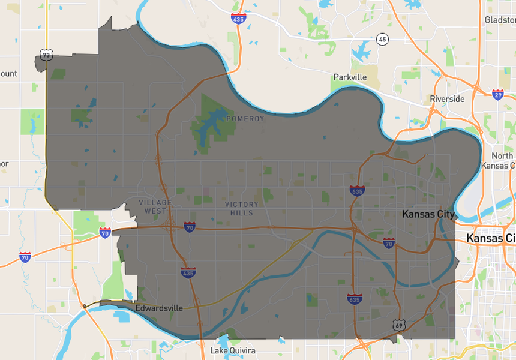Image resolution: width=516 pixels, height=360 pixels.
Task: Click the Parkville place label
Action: tap(350, 77)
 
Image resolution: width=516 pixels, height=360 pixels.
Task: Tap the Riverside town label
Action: tap(447, 99)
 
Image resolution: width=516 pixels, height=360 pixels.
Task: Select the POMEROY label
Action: tap(245, 119)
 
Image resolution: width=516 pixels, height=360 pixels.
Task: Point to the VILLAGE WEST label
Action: tap(155, 207)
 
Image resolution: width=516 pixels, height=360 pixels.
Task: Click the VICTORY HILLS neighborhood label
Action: tap(242, 209)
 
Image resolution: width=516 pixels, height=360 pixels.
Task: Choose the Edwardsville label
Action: tap(159, 308)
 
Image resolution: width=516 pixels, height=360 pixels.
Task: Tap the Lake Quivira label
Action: tap(233, 350)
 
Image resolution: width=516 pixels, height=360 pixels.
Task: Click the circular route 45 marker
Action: tap(382, 40)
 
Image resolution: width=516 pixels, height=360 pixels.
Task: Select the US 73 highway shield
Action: tap(46, 55)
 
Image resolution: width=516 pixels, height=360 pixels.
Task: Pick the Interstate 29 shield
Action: tap(497, 94)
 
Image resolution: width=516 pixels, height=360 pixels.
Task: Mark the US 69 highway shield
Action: tap(400, 325)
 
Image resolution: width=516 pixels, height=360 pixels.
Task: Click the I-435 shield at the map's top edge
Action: tap(238, 19)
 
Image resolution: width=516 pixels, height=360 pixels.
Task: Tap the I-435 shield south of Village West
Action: tap(187, 272)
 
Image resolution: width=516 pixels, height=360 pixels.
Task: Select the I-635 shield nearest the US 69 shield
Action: tap(354, 298)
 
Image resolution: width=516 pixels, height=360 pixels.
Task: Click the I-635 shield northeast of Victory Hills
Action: tap(356, 191)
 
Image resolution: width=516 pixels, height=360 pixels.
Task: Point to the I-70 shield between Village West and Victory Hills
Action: tap(189, 227)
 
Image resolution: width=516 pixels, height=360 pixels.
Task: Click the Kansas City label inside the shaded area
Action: tap(428, 214)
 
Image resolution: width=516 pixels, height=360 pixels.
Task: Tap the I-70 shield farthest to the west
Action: tap(25, 257)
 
